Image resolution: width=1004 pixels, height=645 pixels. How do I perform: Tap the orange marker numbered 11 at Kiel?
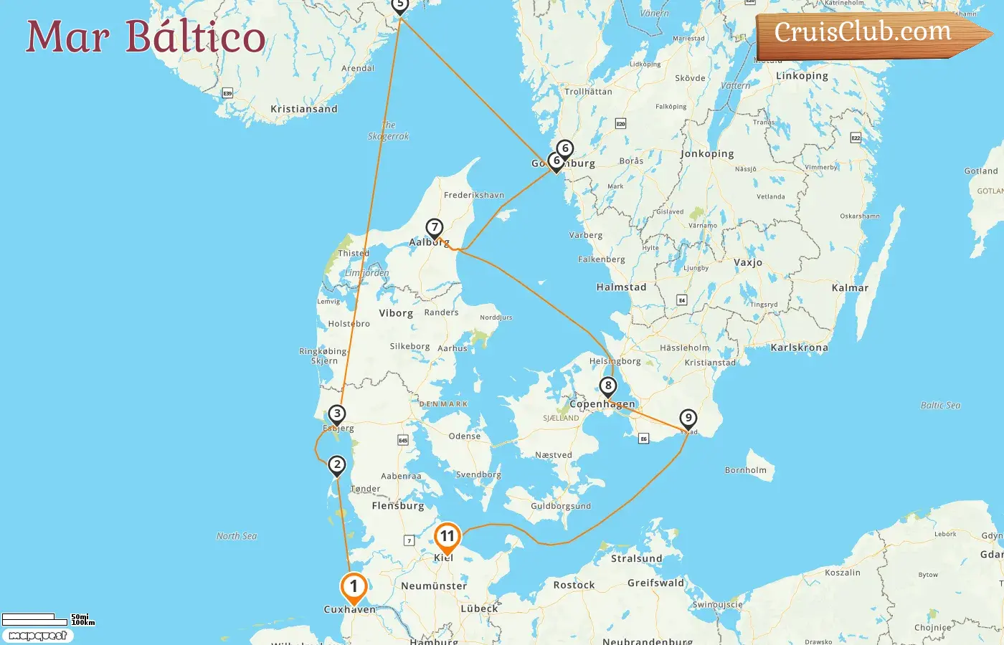[x=447, y=537]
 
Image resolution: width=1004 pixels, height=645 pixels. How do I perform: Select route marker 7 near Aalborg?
[x=434, y=228]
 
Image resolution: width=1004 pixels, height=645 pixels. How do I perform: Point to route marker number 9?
[x=688, y=419]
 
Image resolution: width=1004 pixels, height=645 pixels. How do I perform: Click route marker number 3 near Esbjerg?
[x=336, y=414]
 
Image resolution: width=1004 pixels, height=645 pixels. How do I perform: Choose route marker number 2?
[x=336, y=465]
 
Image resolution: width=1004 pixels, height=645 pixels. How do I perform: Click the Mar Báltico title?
[x=146, y=37]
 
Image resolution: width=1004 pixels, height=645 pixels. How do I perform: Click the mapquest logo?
[x=37, y=636]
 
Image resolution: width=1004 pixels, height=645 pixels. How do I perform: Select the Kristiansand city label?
[x=303, y=109]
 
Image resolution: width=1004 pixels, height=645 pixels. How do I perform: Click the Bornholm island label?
[x=745, y=470]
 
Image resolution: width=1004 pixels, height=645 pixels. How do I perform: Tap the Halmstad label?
[x=621, y=287]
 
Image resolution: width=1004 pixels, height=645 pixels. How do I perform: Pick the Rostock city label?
[x=574, y=585]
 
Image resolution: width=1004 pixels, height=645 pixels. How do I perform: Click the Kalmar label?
[x=850, y=288]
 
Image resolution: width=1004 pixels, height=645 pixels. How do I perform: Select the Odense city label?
[x=464, y=436]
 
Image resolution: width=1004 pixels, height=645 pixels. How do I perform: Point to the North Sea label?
[x=237, y=536]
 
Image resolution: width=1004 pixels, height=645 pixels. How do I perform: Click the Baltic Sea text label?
[x=940, y=406]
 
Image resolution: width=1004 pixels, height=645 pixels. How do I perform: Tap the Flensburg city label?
[x=397, y=506]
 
